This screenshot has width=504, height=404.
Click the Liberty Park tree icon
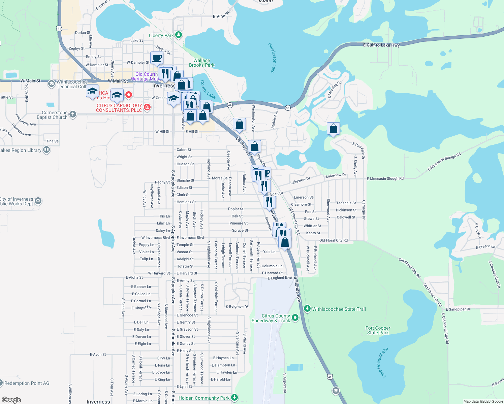[x=179, y=35]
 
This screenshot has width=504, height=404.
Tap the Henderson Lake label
[x=272, y=58]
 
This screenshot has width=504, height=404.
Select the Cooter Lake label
[x=208, y=89]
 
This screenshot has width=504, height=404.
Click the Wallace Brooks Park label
[x=202, y=63]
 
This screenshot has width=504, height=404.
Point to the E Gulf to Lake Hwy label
[x=381, y=45]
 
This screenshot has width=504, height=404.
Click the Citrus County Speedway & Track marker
[x=295, y=317]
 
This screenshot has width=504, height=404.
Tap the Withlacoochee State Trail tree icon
[x=307, y=309]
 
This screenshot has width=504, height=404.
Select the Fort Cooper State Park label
[x=378, y=330]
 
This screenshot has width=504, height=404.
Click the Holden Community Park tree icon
[x=235, y=398]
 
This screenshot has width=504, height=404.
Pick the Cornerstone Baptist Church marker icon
[x=73, y=115]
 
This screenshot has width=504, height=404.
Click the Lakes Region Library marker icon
[x=46, y=150]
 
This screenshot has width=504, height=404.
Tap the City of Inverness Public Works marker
[x=38, y=201]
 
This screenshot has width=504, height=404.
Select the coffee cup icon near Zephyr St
[x=157, y=58]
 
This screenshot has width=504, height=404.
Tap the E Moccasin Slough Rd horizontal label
[x=385, y=179]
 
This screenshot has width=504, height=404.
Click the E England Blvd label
[x=280, y=278]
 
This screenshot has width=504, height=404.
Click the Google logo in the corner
[x=11, y=400]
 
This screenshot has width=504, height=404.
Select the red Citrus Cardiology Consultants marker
[x=147, y=107]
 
